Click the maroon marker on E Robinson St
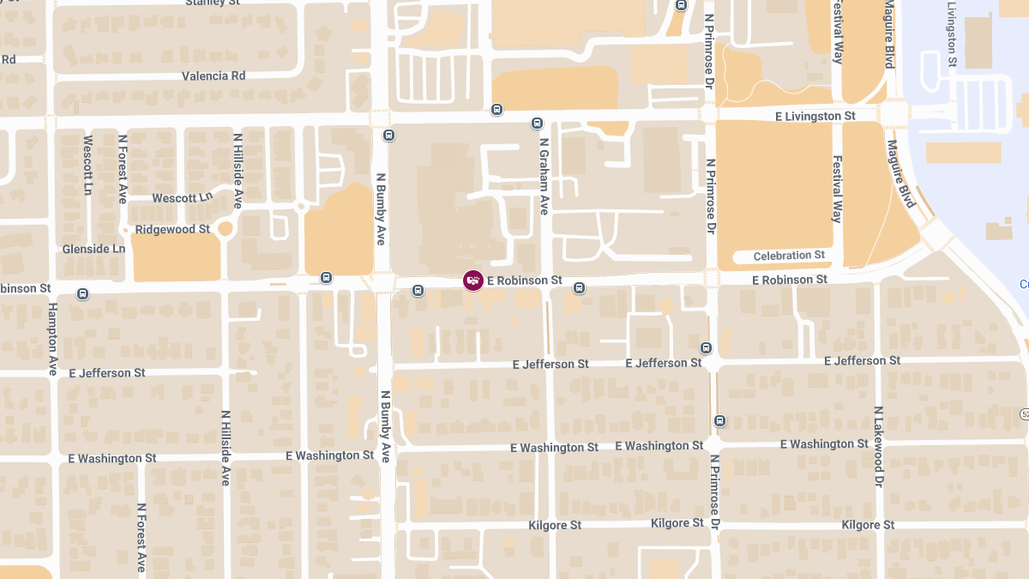[472, 280]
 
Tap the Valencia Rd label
[214, 75]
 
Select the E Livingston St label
[815, 116]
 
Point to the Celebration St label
[789, 256]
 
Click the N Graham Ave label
[544, 177]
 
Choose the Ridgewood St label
[172, 229]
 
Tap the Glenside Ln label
[93, 249]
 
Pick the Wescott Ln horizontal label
[182, 198]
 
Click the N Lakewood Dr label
[878, 447]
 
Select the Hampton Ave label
[52, 339]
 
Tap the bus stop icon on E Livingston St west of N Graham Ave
[496, 109]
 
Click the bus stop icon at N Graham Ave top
[538, 123]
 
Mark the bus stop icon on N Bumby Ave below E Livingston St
[388, 136]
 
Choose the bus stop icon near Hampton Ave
[82, 293]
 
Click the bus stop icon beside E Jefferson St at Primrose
[706, 347]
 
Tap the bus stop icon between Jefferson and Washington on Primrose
[719, 420]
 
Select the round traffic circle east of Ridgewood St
[226, 229]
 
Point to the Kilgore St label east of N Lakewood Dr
[868, 525]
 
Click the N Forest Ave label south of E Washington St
[141, 537]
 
